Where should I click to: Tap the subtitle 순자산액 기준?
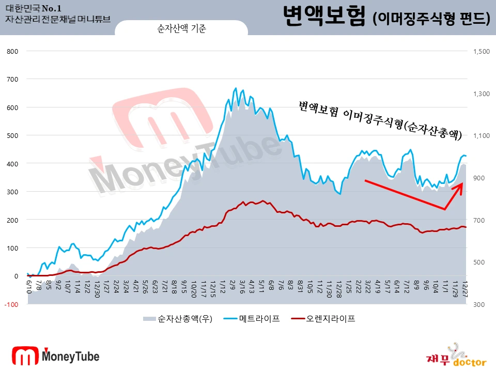181,29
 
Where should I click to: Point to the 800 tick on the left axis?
13,51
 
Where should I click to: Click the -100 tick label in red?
11,304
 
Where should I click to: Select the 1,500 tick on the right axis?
480,51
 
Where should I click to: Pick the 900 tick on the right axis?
478,178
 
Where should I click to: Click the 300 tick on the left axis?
13,192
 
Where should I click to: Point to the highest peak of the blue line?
236,88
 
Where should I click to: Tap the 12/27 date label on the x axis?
465,286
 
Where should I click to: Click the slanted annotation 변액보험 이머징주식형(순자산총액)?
380,120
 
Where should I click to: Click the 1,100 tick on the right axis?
480,135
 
